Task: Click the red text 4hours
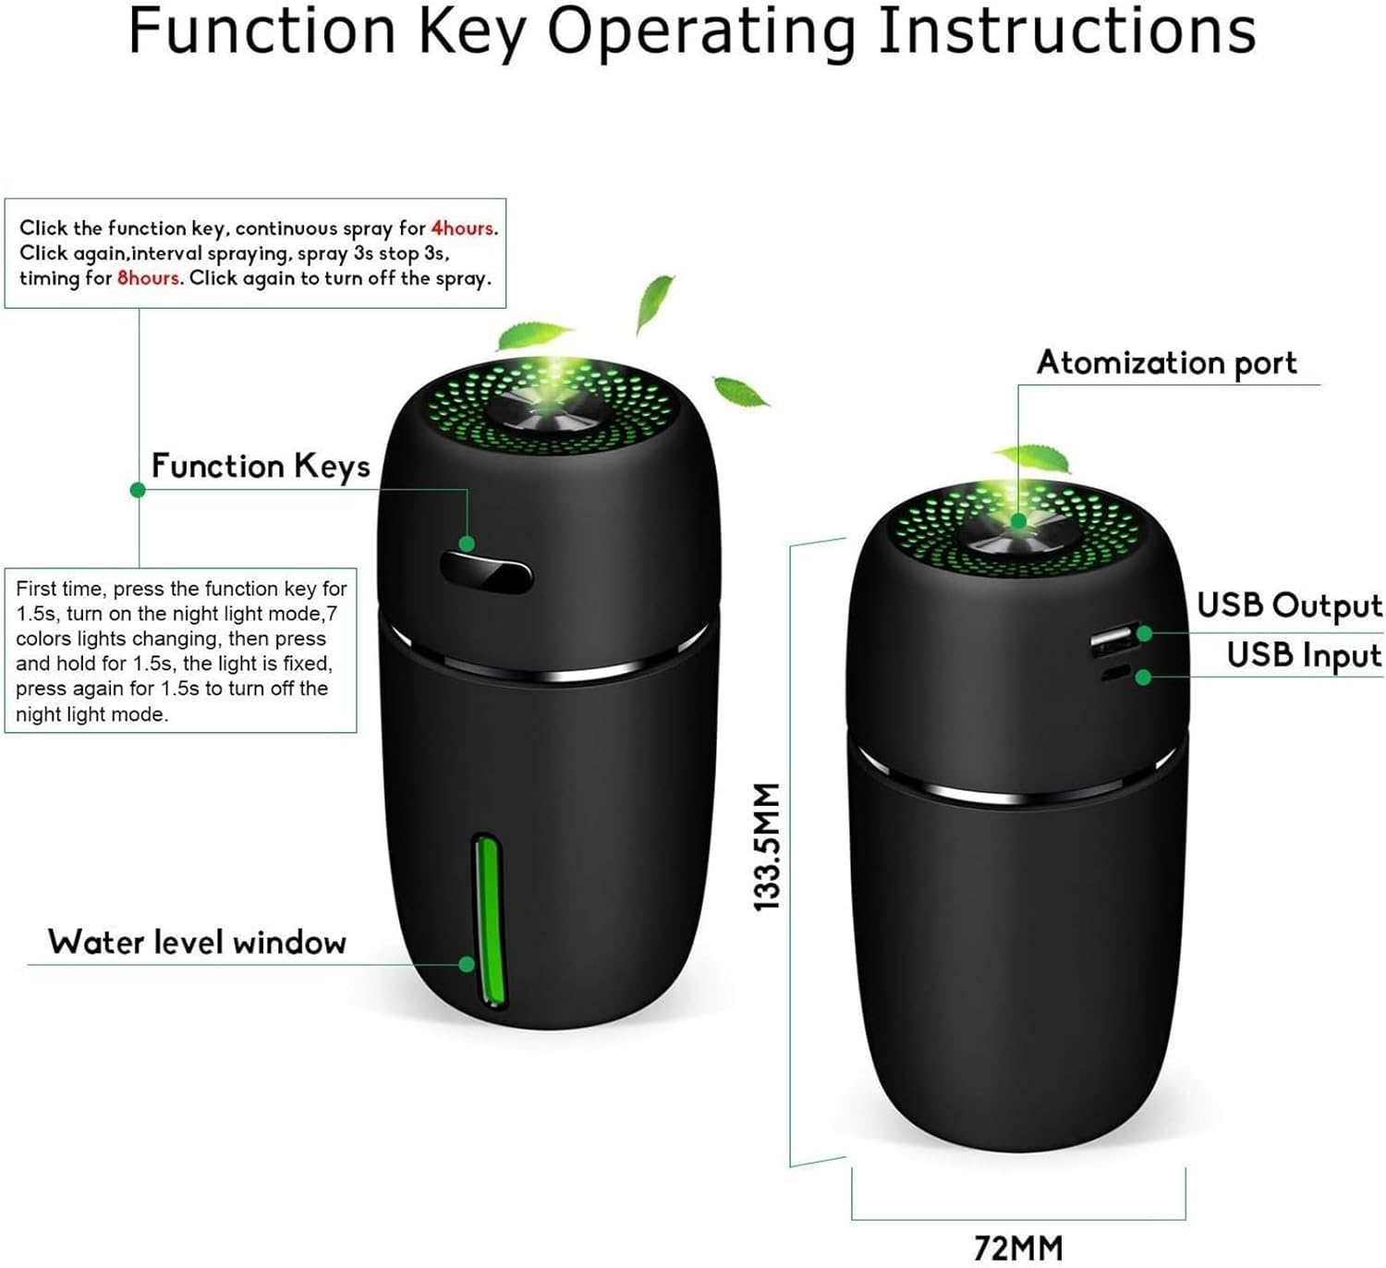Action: pos(462,228)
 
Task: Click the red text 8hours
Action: pos(149,278)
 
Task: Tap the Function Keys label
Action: pos(261,466)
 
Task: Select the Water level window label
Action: pos(197,942)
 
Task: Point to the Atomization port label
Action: pos(1167,363)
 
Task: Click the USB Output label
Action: pos(1289,605)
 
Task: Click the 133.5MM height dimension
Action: pos(768,847)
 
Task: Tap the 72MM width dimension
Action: pos(1017,1248)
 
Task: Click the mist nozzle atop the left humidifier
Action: pos(550,410)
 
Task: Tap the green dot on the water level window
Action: pos(467,964)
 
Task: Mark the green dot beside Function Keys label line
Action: pos(139,490)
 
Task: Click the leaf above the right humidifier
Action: pos(1032,459)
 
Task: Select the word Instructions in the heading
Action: pos(1067,30)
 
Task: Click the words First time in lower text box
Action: pos(61,589)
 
